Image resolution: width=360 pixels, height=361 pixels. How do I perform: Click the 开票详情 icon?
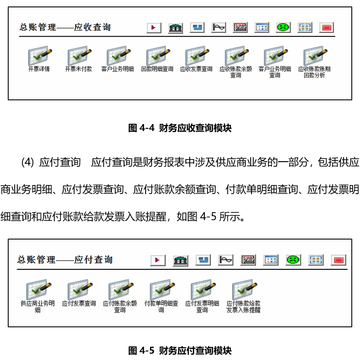[x=40, y=56]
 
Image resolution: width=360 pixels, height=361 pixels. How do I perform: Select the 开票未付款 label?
[x=79, y=69]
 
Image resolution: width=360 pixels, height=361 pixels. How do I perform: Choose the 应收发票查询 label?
[x=196, y=69]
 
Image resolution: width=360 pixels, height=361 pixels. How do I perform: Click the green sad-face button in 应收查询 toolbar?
[x=284, y=28]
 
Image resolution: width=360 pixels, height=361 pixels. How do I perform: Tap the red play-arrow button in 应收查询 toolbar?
[x=154, y=28]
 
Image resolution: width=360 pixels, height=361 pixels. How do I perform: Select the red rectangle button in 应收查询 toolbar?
[x=326, y=28]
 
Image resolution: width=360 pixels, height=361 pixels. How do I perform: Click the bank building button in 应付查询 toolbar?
[x=181, y=260]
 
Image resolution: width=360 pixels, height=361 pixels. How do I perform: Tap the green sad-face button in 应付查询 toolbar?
[x=293, y=260]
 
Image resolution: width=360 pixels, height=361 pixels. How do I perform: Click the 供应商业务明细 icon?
[x=38, y=290]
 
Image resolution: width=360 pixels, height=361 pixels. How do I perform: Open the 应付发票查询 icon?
[x=80, y=290]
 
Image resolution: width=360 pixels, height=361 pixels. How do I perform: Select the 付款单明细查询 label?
[x=161, y=307]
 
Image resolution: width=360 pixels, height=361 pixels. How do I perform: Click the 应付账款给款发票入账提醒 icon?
[x=245, y=290]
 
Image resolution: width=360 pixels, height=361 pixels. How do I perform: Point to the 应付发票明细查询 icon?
[x=203, y=290]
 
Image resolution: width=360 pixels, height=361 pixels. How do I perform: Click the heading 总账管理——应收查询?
[x=65, y=27]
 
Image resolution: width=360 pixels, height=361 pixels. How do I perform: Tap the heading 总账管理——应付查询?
[x=65, y=260]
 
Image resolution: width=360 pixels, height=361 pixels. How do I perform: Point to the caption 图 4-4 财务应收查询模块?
[x=180, y=128]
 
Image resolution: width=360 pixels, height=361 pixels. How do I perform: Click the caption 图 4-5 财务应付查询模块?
[x=180, y=351]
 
